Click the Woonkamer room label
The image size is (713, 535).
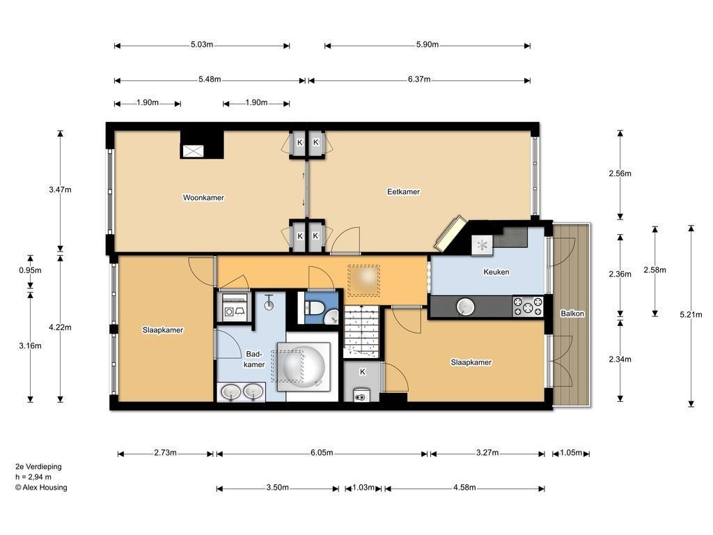203,197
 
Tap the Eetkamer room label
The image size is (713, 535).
403,192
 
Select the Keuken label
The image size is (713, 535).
496,272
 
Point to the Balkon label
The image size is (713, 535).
572,313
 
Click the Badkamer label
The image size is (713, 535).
253,359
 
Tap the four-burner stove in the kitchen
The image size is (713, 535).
528,307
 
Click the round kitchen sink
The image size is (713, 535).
465,307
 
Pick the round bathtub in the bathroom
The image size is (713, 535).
304,366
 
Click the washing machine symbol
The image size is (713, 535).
235,307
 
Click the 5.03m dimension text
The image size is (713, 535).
202,45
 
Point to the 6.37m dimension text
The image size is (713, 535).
418,79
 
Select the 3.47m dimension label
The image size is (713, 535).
60,189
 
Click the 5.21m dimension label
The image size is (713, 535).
691,314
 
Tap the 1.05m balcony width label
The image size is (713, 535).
571,453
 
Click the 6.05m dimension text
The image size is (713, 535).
322,453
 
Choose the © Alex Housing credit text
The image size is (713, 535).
41,487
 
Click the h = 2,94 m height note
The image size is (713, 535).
33,476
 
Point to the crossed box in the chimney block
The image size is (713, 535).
192,151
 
